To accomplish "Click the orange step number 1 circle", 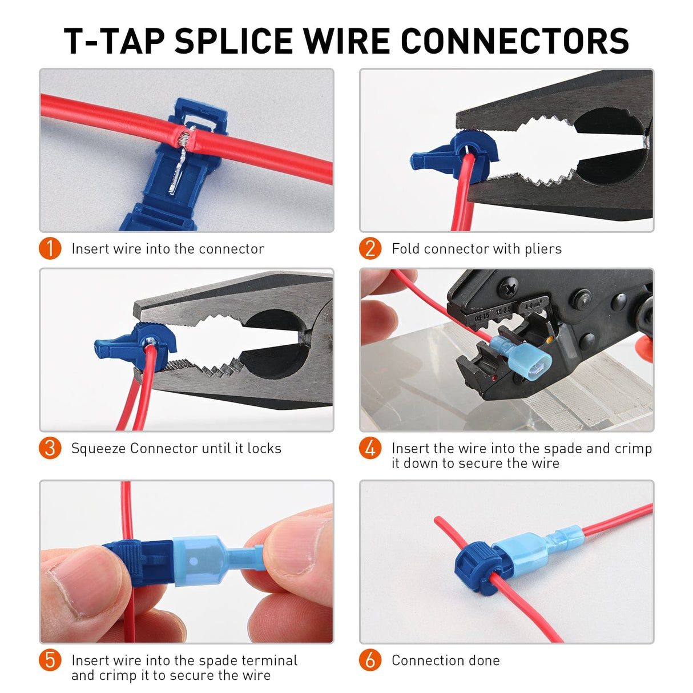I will [50, 248].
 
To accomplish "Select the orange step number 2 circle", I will [370, 248].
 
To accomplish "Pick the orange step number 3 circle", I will [50, 448].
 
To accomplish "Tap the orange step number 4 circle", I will [370, 448].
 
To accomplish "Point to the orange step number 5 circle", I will [50, 660].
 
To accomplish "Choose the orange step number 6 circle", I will [370, 660].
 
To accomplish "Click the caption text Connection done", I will [445, 660].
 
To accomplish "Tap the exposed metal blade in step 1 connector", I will [182, 171].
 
